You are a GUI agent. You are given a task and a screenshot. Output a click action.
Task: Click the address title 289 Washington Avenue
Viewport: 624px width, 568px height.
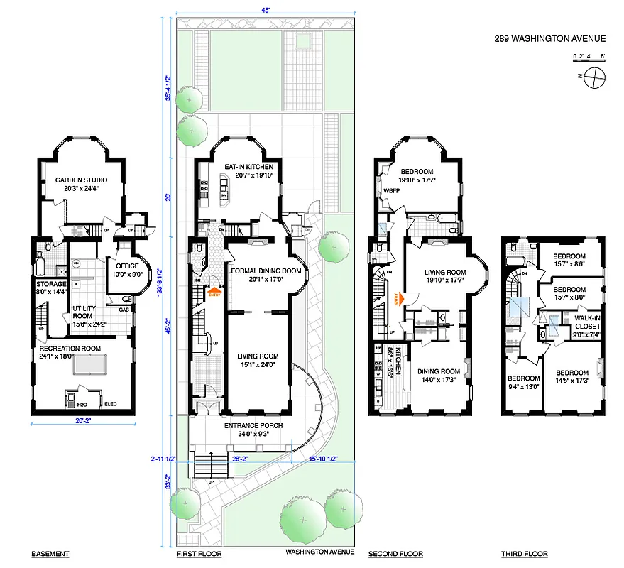pos(550,40)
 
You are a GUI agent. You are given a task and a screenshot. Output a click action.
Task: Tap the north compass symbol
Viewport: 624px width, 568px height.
pos(595,78)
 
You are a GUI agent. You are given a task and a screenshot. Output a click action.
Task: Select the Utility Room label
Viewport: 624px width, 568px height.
pos(85,310)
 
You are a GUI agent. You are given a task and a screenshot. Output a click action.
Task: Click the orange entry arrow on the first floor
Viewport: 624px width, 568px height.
pos(214,292)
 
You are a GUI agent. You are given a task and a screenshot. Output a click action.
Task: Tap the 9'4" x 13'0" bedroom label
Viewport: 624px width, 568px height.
pos(521,382)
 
